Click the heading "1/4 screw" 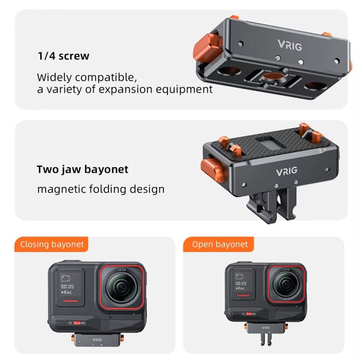[x=63, y=56]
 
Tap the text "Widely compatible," [x=87, y=77]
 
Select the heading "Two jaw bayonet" [x=83, y=169]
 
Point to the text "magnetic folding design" [x=101, y=189]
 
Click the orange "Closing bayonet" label [x=52, y=244]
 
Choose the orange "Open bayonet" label [x=220, y=244]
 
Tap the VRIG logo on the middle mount [x=287, y=171]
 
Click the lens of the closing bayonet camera [x=122, y=287]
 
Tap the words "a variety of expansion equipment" [x=125, y=89]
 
